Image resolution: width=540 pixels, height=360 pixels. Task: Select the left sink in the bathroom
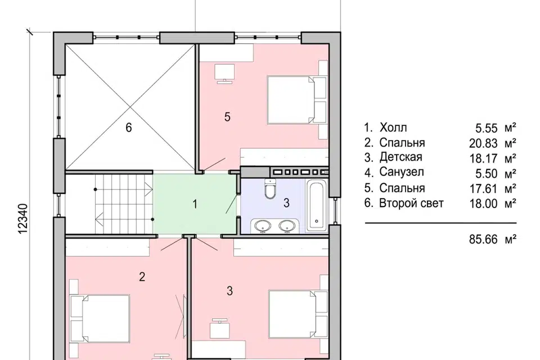(263, 226)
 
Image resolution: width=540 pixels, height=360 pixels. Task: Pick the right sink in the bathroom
(287, 226)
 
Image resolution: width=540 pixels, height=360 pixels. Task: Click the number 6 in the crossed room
(128, 128)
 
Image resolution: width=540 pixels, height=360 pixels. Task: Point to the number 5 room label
(227, 117)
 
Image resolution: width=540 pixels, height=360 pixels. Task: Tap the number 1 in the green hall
(195, 204)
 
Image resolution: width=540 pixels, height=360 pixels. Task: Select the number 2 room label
(142, 276)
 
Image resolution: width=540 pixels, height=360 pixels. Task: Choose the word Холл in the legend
(393, 128)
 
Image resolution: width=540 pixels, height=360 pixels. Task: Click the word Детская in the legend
(400, 157)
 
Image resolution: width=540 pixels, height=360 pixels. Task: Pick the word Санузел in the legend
(402, 172)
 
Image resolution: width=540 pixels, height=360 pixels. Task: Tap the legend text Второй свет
(411, 203)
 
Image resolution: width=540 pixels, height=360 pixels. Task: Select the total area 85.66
(483, 239)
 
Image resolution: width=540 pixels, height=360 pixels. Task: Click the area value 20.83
(483, 143)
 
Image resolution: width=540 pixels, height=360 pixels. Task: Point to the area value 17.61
(484, 188)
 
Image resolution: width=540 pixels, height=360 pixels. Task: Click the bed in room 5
(297, 100)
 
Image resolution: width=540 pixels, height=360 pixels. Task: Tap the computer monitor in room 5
(224, 73)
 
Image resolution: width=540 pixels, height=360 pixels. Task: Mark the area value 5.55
(486, 128)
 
